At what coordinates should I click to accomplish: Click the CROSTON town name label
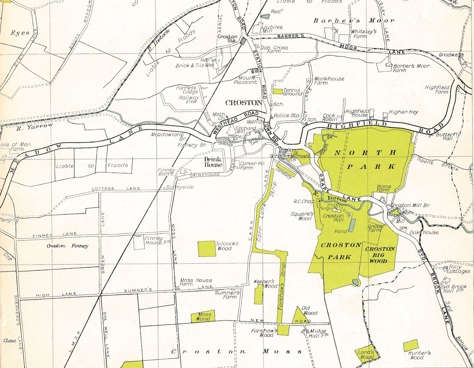pos(244,103)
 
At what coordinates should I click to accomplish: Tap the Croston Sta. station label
pos(227,38)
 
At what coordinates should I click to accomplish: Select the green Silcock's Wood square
pos(206,249)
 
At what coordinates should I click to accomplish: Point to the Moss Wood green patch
pos(203,317)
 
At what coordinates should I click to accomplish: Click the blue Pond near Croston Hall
pos(352,225)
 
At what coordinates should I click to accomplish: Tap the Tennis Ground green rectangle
pos(278,91)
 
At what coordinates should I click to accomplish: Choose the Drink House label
pos(213,162)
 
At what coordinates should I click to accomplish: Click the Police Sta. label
pos(286,115)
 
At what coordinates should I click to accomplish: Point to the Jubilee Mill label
pos(272,29)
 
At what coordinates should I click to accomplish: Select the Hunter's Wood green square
pos(411,346)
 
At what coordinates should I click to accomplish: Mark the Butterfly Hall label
pos(448,136)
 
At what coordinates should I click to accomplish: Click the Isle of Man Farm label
pos(15,146)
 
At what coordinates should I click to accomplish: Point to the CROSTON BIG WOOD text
pos(379,255)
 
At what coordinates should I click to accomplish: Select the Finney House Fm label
pos(157,240)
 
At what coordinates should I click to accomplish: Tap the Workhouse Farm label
pos(329,80)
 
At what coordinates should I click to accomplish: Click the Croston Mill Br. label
pos(410,205)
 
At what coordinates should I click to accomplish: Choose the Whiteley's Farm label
pos(363,33)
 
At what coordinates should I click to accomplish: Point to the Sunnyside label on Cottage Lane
pos(180,187)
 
